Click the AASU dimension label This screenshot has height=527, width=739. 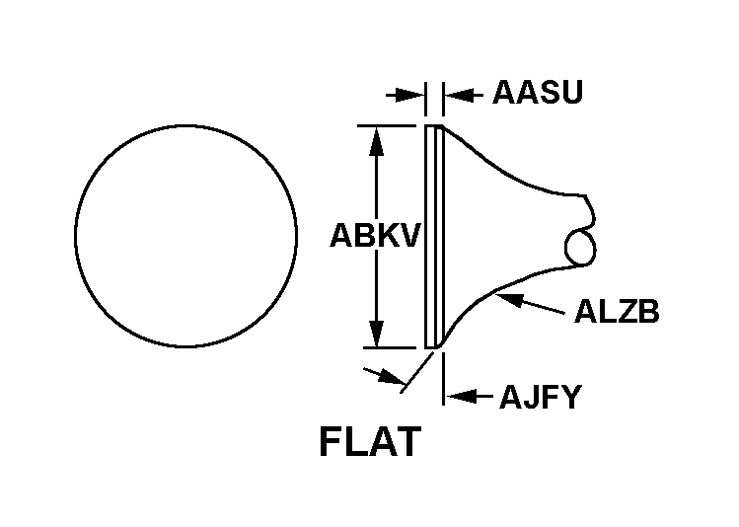point(538,92)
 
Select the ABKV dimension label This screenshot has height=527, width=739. point(374,235)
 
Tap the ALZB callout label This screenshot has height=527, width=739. point(617,312)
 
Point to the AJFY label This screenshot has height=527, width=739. point(541,397)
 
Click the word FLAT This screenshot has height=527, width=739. point(370,442)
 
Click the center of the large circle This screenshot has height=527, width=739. point(185,236)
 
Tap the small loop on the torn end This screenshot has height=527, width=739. point(580,248)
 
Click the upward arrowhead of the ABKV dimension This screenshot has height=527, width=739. point(376,141)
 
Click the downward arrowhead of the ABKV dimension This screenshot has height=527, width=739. point(376,334)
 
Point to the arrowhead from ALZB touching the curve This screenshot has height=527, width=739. point(510,299)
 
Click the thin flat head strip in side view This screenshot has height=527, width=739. point(434,237)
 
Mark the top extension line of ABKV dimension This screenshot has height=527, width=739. point(387,126)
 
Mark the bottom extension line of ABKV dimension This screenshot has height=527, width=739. point(390,347)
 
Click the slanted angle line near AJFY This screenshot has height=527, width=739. point(417,372)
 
